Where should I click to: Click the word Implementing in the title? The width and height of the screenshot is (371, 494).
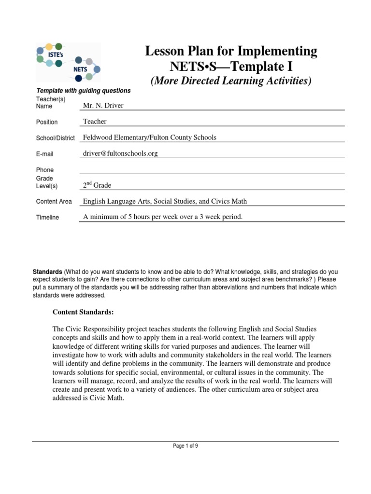coord(280,51)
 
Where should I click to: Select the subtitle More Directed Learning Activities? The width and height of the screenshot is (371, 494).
coord(231,81)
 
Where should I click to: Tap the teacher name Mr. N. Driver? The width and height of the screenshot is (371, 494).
coord(103,106)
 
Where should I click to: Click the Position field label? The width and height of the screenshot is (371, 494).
coord(47,122)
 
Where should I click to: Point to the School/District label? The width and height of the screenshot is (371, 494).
coord(55,138)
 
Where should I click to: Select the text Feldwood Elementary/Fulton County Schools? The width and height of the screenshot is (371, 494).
coord(150,137)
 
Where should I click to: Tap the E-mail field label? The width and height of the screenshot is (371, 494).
coord(45,154)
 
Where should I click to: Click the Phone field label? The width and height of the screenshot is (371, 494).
coord(45,170)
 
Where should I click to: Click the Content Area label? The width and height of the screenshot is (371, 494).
coord(54,202)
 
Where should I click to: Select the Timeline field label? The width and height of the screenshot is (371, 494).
coord(47,218)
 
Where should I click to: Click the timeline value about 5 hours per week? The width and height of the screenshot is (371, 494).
coord(163,217)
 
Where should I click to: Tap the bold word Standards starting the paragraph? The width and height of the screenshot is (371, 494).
coord(47,272)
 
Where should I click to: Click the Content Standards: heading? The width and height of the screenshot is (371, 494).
coord(83,312)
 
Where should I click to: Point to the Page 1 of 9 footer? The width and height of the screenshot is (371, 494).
coord(185,446)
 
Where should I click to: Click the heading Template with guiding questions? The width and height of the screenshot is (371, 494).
coord(83,91)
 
